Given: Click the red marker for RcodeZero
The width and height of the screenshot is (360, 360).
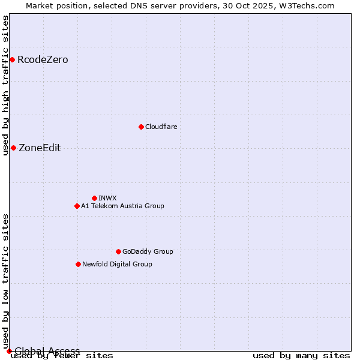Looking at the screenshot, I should point(12,59).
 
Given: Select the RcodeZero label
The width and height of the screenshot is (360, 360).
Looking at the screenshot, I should point(43,59).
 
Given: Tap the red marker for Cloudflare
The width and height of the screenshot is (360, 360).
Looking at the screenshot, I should point(141,127).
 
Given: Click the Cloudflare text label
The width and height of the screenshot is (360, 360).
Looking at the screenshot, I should point(161,127).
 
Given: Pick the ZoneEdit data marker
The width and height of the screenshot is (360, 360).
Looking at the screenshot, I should point(13,148).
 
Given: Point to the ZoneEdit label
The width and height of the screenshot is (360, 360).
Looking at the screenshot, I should point(40,148).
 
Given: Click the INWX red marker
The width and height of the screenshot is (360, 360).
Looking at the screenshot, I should point(94,198).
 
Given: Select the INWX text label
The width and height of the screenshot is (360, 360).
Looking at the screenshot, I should point(107,198).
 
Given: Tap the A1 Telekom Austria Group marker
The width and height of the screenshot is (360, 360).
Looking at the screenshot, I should point(77,206).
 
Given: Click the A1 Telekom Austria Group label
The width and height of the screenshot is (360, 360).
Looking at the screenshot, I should point(122,206).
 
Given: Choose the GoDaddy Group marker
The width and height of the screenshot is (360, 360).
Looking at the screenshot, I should point(118,251).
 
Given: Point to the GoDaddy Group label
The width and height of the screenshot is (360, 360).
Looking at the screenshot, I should point(148,251).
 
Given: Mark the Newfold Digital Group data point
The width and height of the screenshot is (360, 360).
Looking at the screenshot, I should point(78,264).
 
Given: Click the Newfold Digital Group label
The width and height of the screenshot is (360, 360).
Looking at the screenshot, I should point(117,264).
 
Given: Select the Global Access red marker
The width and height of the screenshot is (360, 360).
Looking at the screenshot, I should point(9,351).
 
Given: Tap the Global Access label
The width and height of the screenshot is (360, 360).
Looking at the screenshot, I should point(47,351).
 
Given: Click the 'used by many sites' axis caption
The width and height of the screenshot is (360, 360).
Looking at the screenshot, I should point(301,356).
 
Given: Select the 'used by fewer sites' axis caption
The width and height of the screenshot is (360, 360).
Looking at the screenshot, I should point(62,356).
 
